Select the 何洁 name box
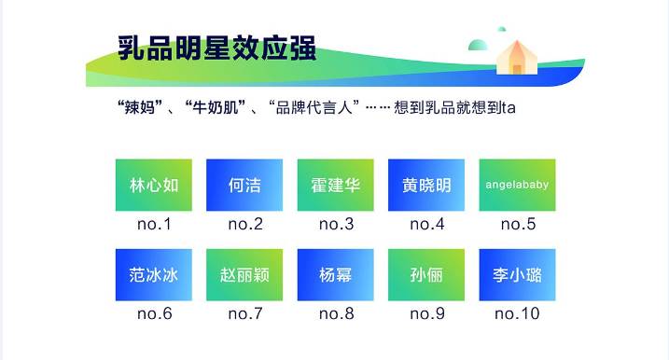(244, 185)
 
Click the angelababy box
(517, 185)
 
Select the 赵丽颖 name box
(244, 275)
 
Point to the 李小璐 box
(517, 275)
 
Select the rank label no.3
(336, 224)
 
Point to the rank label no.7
(244, 314)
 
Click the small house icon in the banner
(515, 57)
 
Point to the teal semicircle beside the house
(479, 45)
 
